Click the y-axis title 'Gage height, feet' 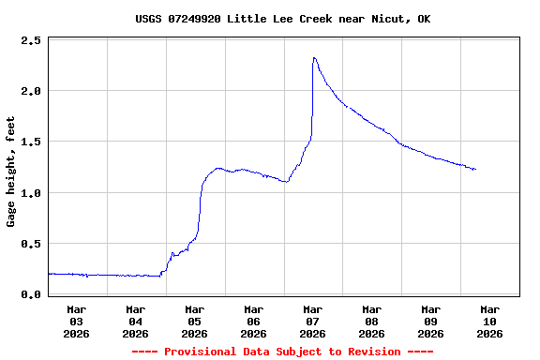pos(11,172)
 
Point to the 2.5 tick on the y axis pos(31,41)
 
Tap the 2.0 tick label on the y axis pos(31,92)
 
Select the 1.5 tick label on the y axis pos(31,142)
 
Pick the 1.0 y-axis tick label pos(31,193)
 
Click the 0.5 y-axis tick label pos(31,244)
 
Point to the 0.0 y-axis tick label pos(31,295)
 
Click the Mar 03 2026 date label pos(77,321)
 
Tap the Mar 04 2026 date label pos(136,321)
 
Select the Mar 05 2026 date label pos(195,321)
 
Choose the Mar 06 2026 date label pos(254,321)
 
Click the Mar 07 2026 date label pos(313,321)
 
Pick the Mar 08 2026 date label pos(372,321)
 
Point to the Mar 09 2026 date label pos(431,321)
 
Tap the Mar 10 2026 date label pos(489,321)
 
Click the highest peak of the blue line pos(314,58)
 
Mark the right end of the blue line pos(475,169)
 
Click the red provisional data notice pos(282,352)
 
